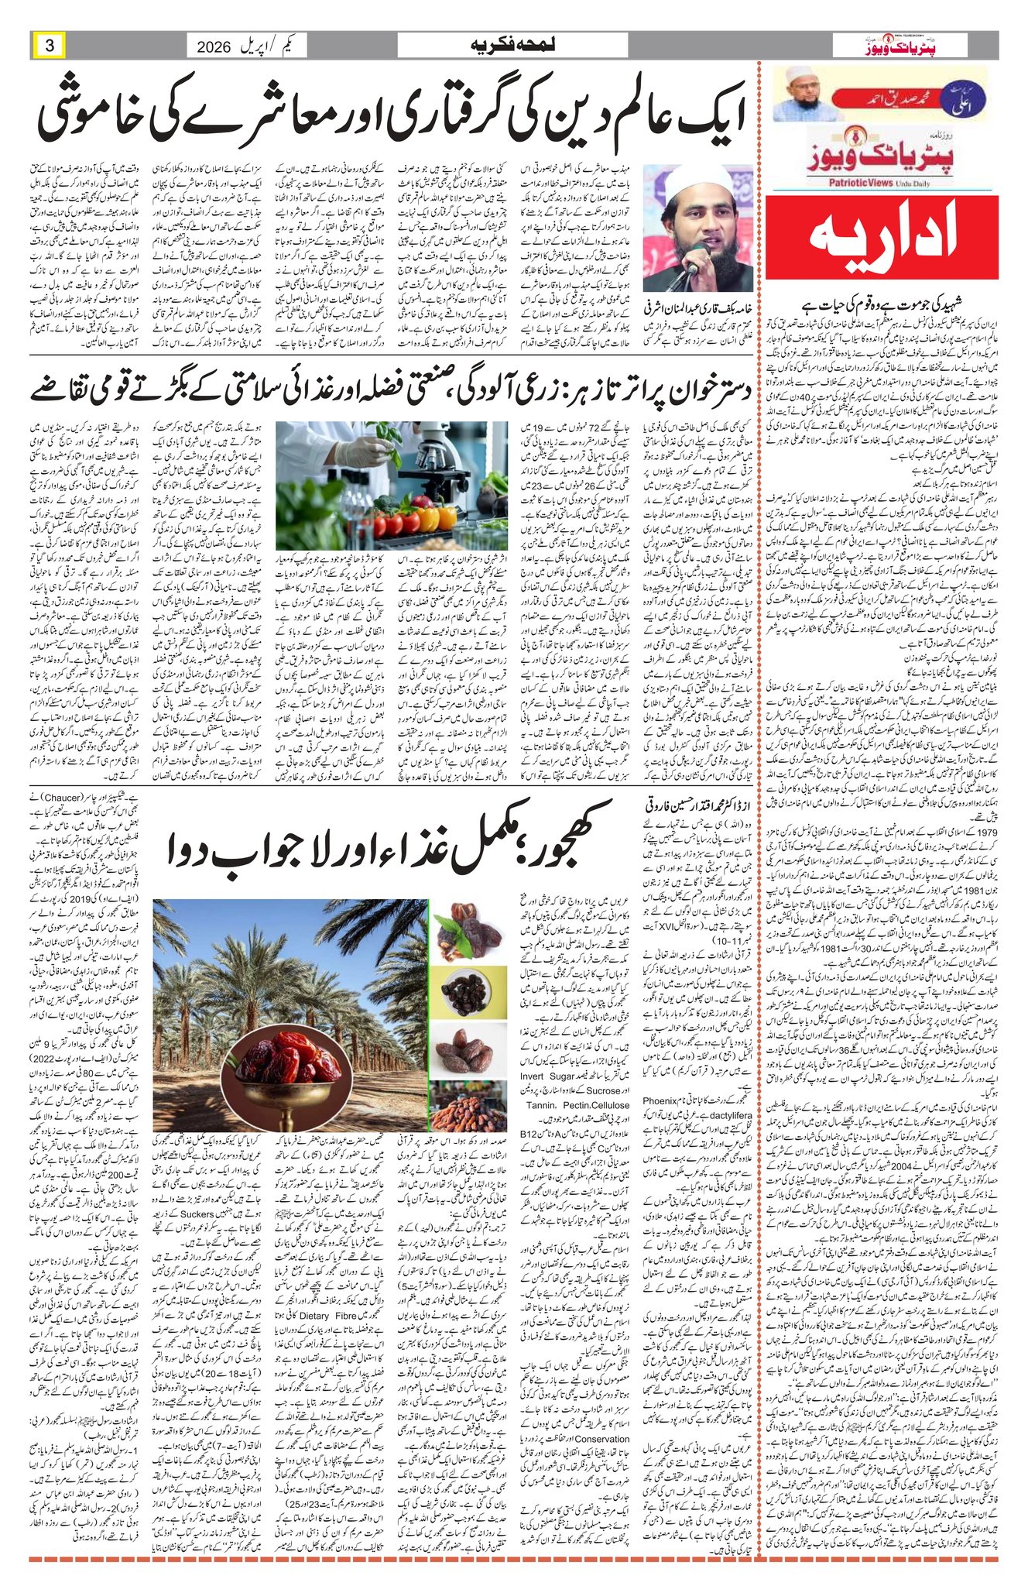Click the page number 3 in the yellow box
50,46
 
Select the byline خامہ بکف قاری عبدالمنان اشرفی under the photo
697,305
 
